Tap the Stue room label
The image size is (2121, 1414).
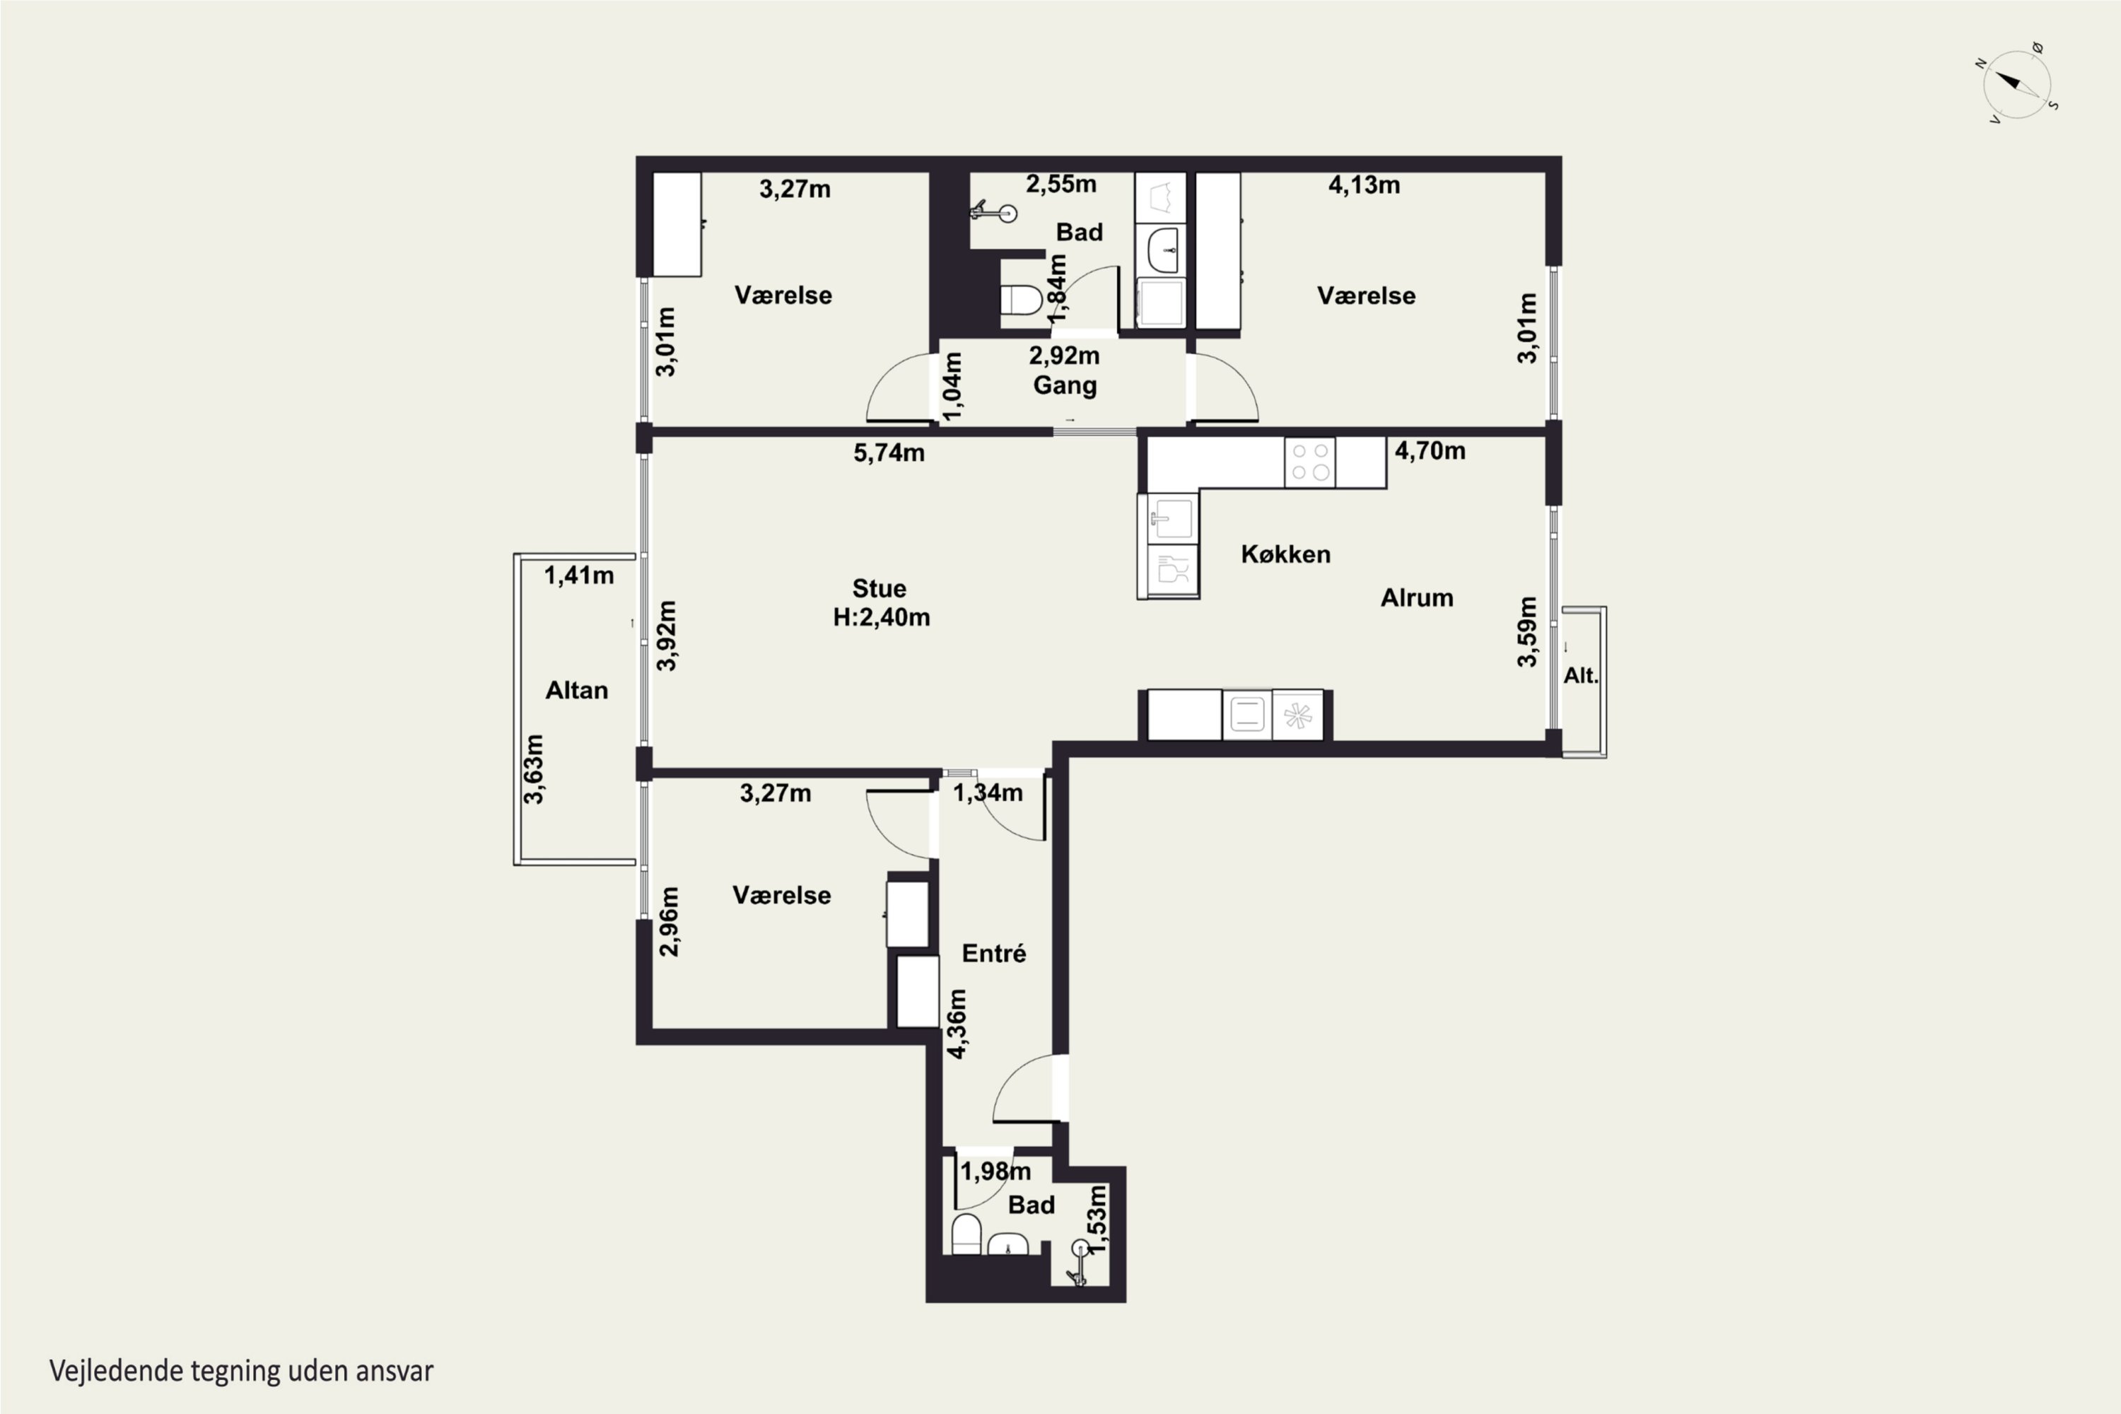(x=880, y=589)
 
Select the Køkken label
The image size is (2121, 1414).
(x=1286, y=554)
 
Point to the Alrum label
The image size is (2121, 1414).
(x=1417, y=598)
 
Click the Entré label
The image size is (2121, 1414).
(x=994, y=953)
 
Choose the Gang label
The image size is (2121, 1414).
(x=1065, y=386)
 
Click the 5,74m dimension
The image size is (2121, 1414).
(x=889, y=452)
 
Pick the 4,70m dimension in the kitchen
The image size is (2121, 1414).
(x=1430, y=451)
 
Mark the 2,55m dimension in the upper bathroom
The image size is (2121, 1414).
(x=1061, y=185)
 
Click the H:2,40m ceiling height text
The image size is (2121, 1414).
(x=881, y=618)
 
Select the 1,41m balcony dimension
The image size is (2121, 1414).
(x=579, y=575)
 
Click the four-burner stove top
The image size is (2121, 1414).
(x=1310, y=462)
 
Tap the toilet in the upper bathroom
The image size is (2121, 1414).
(x=1021, y=299)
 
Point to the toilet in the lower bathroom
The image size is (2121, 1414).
(x=966, y=1234)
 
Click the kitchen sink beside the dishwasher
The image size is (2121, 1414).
(x=1171, y=520)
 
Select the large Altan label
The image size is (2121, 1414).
(x=577, y=691)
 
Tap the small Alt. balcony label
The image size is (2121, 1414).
(x=1580, y=675)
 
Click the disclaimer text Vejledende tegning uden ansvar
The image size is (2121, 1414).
(x=242, y=1372)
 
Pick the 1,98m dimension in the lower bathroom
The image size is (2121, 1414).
(x=995, y=1171)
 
